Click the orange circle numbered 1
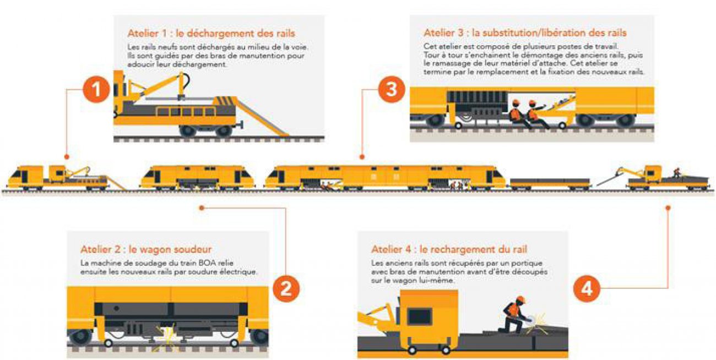pyautogui.click(x=96, y=89)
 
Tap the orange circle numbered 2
pyautogui.click(x=286, y=289)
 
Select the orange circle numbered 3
pyautogui.click(x=392, y=89)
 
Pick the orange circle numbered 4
pyautogui.click(x=587, y=289)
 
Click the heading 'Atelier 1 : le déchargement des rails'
pyautogui.click(x=211, y=33)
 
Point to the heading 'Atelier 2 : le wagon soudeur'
pyautogui.click(x=146, y=249)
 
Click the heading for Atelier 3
pyautogui.click(x=525, y=32)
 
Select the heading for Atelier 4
pyautogui.click(x=449, y=249)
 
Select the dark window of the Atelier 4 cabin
pyautogui.click(x=419, y=317)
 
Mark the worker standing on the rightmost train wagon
pyautogui.click(x=677, y=173)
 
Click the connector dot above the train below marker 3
pyautogui.click(x=362, y=157)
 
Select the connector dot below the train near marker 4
pyautogui.click(x=668, y=208)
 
